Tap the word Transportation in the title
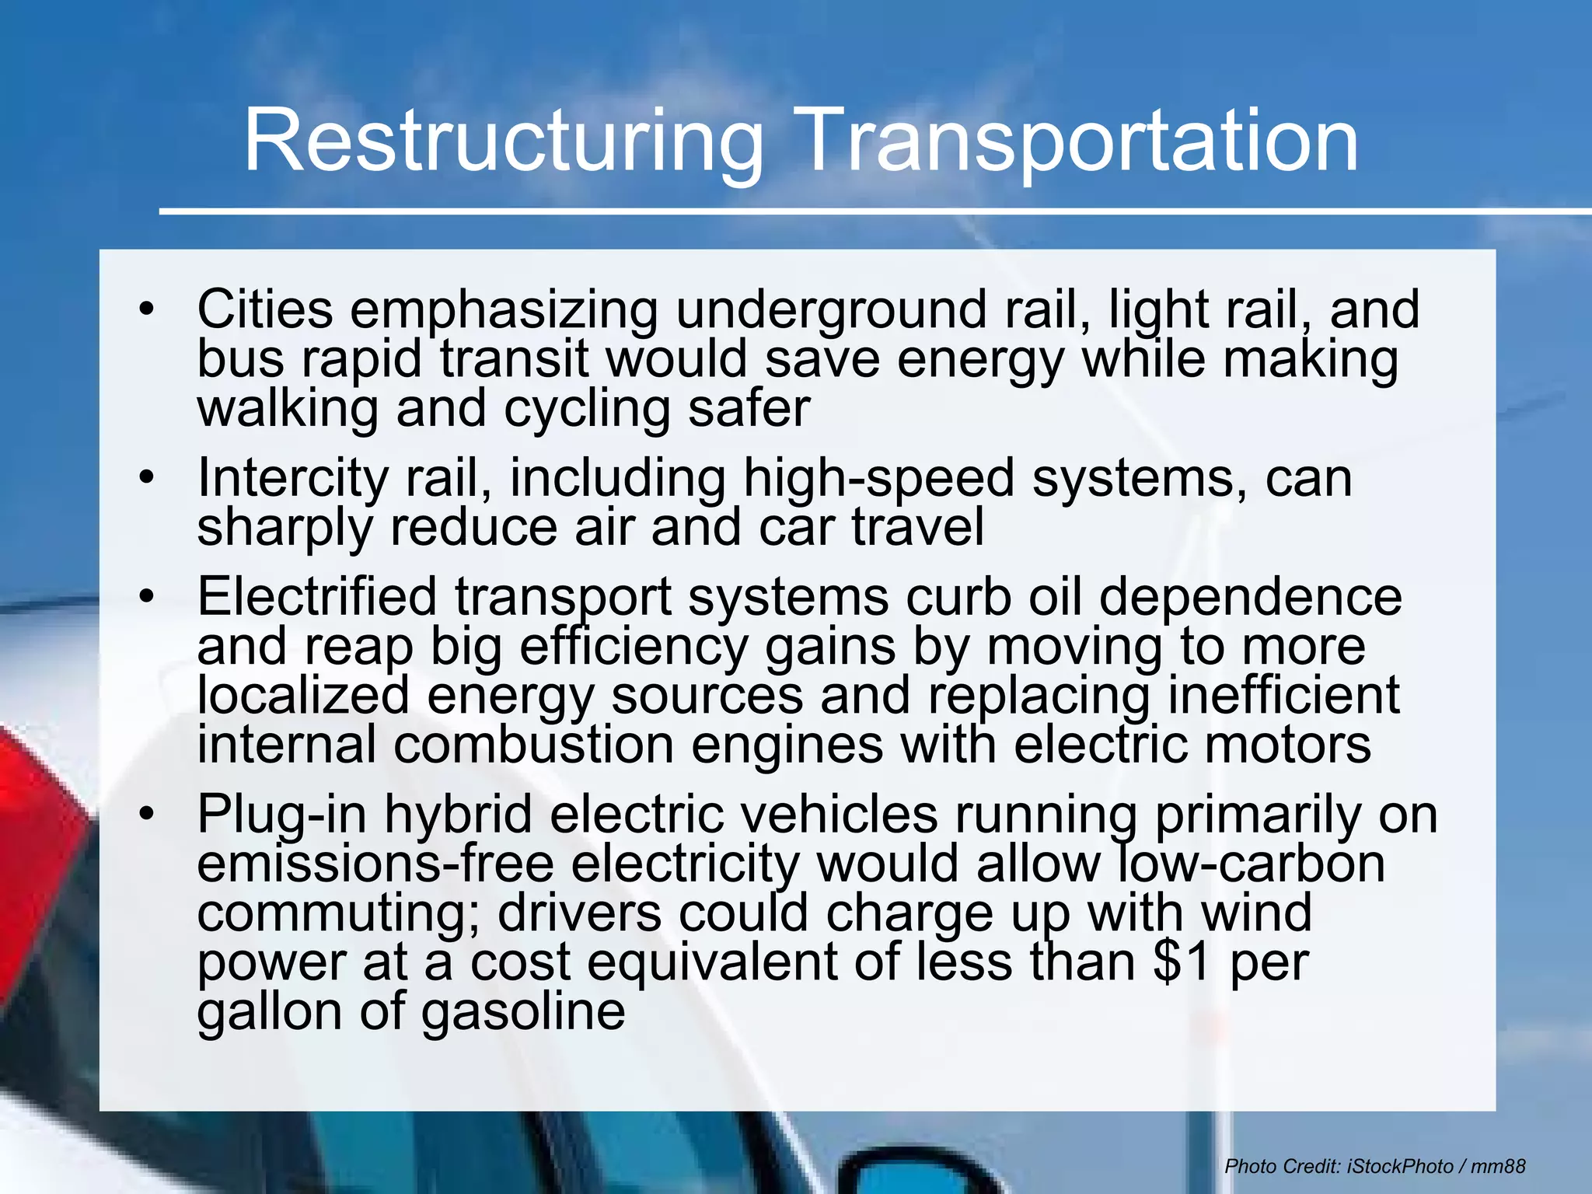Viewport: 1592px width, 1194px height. tap(1077, 141)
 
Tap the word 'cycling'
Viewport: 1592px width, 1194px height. tap(586, 410)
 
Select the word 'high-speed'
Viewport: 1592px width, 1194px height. tap(878, 479)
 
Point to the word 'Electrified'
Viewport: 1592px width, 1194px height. tap(317, 598)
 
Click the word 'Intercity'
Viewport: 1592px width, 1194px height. tap(292, 479)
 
